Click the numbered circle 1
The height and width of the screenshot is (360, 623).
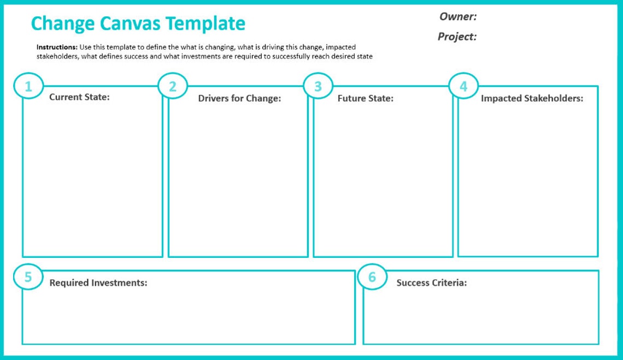click(28, 86)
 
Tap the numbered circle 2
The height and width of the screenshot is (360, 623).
click(173, 86)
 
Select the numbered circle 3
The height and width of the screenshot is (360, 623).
click(318, 86)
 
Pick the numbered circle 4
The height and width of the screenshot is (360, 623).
click(463, 86)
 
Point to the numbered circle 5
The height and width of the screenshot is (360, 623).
click(28, 277)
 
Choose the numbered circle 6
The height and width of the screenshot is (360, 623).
click(372, 277)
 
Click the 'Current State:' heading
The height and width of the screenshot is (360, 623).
click(79, 97)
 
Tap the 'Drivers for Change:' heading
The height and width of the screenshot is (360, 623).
click(239, 98)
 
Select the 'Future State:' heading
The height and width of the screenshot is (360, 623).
click(365, 98)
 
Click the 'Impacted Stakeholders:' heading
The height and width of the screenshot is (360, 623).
click(532, 98)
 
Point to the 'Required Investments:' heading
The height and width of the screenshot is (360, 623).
click(98, 283)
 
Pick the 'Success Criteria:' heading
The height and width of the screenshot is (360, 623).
click(431, 283)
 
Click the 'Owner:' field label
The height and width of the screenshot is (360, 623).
click(458, 17)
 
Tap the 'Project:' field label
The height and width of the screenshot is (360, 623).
click(457, 37)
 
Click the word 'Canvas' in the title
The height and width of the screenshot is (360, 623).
click(131, 23)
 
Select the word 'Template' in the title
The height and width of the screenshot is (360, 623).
click(205, 23)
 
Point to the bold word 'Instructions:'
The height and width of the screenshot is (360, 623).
click(57, 48)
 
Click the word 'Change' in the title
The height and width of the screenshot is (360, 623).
click(63, 24)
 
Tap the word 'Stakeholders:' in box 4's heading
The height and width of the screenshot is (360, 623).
click(554, 98)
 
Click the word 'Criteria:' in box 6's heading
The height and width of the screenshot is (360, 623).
click(449, 283)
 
